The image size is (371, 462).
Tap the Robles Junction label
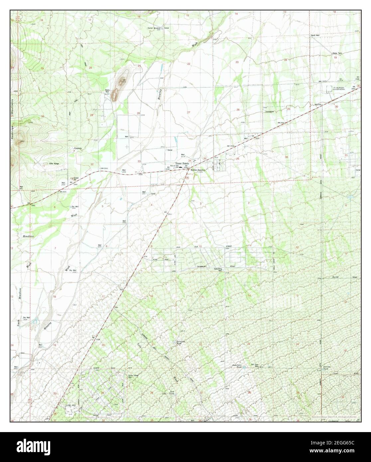click(x=198, y=170)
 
